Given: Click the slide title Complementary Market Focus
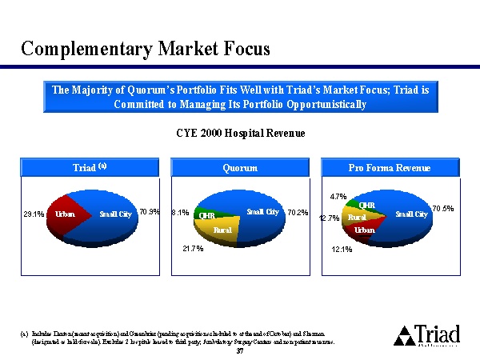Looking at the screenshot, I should (146, 49).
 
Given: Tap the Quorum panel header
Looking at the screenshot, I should (240, 168).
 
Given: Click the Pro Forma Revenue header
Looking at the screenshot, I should (390, 168).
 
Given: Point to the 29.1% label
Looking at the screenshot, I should (34, 214).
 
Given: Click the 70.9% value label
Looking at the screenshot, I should (150, 212).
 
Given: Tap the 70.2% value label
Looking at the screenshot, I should (298, 213).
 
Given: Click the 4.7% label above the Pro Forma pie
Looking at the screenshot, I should (339, 195).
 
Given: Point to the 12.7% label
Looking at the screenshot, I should (330, 218).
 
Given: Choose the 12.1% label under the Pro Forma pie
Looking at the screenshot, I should (342, 250).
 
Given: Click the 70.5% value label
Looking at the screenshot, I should (443, 209).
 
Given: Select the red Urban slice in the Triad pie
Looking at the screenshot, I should (64, 215).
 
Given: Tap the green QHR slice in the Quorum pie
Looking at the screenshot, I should (206, 214).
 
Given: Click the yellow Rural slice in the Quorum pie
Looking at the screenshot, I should (222, 230).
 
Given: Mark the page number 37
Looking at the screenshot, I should (240, 350).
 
